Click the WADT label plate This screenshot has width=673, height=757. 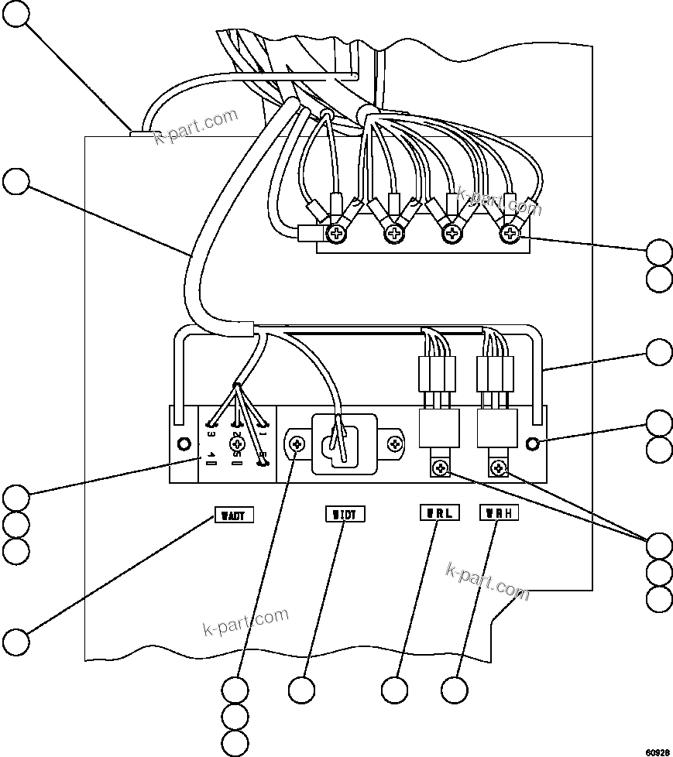coord(233,515)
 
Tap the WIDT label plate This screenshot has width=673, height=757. coord(344,514)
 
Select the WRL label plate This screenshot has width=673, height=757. coord(439,512)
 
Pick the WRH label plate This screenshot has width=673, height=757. coord(499,512)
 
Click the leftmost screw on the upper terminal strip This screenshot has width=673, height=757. coord(338,232)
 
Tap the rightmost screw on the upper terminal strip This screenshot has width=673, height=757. coord(508,232)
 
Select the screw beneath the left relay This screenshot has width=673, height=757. coord(441,467)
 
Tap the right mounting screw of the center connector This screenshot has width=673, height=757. coord(396,444)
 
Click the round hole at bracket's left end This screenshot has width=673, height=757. coord(184,444)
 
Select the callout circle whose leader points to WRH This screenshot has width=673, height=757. coord(455,689)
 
